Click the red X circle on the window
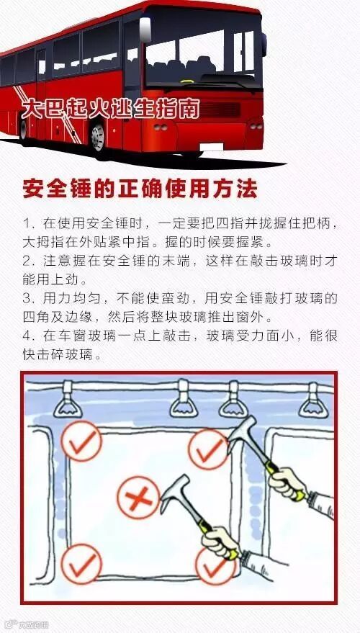[x=138, y=498]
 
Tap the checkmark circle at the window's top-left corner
[x=81, y=441]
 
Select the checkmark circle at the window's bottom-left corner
[x=81, y=564]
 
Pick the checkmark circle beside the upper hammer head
[x=209, y=449]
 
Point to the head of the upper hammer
[x=241, y=435]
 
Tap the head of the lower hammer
[x=174, y=493]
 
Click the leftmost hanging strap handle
[x=68, y=400]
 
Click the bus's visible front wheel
[x=98, y=138]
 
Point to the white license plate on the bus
[x=212, y=147]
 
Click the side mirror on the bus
[x=145, y=30]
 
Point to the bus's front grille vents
[x=220, y=109]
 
